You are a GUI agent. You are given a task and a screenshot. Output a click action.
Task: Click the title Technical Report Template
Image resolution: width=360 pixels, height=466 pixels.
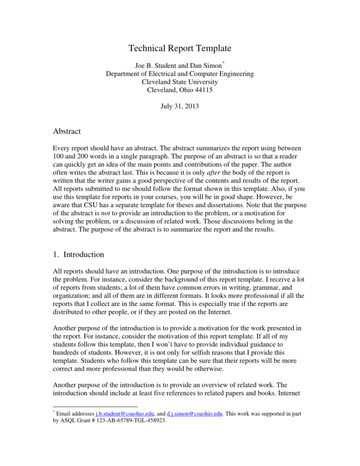point(180,48)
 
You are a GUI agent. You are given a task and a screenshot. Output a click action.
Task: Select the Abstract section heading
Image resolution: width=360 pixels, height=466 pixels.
point(67,132)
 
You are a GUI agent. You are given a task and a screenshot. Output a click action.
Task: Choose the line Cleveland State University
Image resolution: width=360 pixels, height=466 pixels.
point(180,82)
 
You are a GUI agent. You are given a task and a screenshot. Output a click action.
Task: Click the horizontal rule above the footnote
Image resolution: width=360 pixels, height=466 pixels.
point(95,406)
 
